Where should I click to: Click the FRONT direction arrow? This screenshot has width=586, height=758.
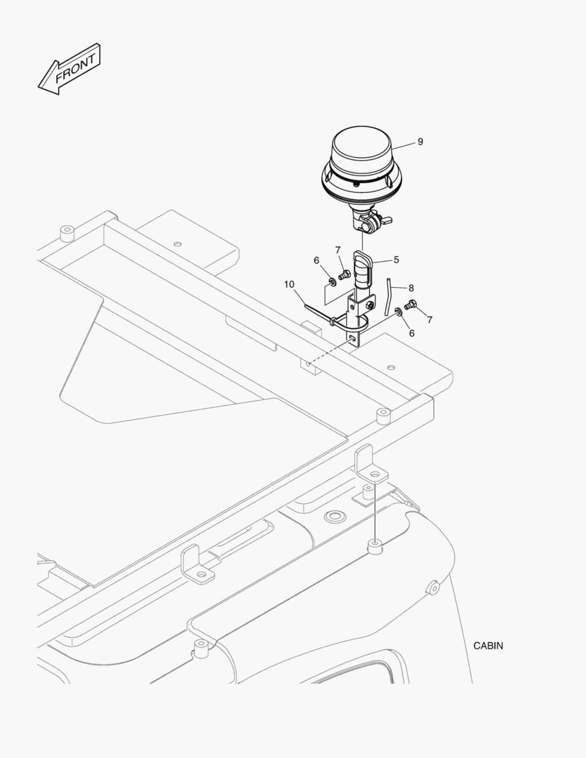coord(69,69)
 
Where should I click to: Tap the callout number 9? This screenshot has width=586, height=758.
coord(420,142)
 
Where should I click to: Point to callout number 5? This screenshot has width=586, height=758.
coord(396,260)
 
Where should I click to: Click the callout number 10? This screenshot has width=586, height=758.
coord(289,284)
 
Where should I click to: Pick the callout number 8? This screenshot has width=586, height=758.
coord(411,288)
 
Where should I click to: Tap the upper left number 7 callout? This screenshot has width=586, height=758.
coord(338,250)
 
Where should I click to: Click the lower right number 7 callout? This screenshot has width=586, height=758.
coord(429,319)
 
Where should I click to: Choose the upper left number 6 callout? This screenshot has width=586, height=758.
coord(317,260)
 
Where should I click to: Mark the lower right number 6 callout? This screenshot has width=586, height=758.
coord(412,333)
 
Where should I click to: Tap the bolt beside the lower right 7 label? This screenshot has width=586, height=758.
coord(411,305)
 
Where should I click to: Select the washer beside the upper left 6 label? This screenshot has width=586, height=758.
coord(333,281)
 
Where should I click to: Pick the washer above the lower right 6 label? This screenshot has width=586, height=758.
coord(399,311)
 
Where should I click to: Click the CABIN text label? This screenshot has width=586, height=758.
coord(488,646)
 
